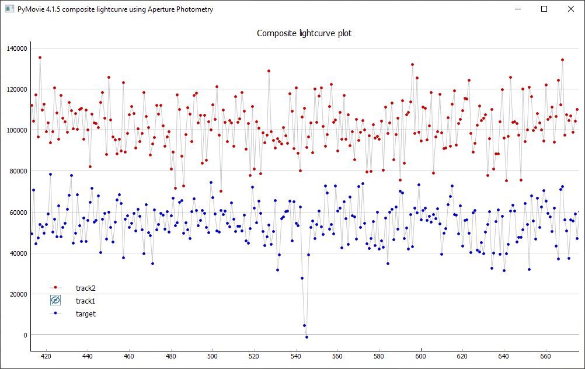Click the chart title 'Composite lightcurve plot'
click(304, 33)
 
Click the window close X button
click(571, 9)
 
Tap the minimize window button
click(517, 9)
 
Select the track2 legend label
click(85, 288)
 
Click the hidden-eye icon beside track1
click(55, 301)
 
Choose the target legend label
click(86, 314)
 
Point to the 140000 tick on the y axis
click(16, 48)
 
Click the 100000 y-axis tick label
click(16, 130)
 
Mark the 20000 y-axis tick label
click(18, 294)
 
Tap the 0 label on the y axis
click(25, 335)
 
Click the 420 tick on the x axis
click(46, 356)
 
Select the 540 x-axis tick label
click(296, 356)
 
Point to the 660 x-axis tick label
click(546, 356)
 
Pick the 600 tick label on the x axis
click(421, 356)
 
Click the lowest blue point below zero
click(307, 337)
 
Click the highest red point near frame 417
click(40, 57)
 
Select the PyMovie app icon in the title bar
click(9, 9)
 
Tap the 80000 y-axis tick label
click(18, 171)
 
